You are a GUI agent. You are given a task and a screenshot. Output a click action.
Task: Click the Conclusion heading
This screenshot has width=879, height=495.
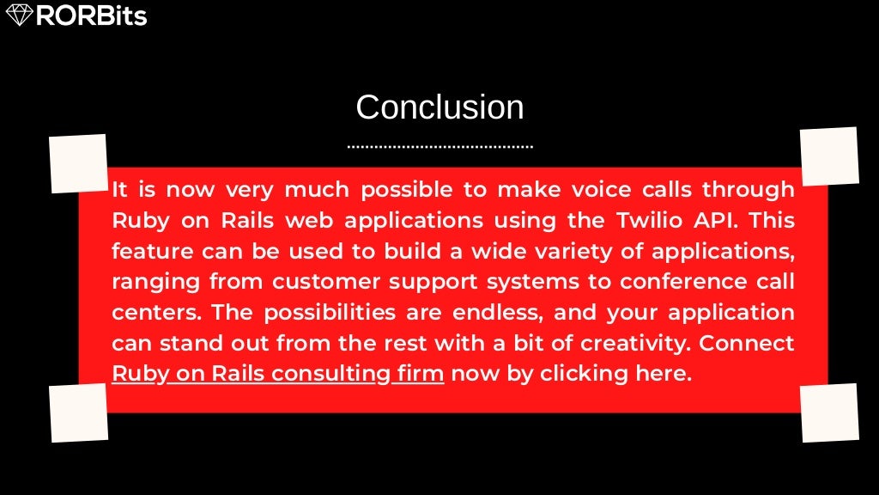(439, 107)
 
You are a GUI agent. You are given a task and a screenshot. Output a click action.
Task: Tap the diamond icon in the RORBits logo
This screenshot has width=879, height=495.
(19, 15)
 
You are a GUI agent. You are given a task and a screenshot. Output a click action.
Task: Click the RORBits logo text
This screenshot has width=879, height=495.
(91, 15)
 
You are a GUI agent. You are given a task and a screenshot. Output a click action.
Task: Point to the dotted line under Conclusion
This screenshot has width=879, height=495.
(439, 147)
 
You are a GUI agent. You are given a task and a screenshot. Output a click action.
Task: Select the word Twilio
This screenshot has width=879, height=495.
(652, 220)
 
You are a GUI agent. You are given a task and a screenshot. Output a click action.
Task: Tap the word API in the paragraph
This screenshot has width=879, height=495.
(718, 220)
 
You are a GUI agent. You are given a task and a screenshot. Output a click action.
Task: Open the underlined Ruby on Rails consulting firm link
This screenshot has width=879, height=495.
(278, 375)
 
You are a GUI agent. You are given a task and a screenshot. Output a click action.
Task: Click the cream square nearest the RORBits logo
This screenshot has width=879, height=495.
(78, 163)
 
